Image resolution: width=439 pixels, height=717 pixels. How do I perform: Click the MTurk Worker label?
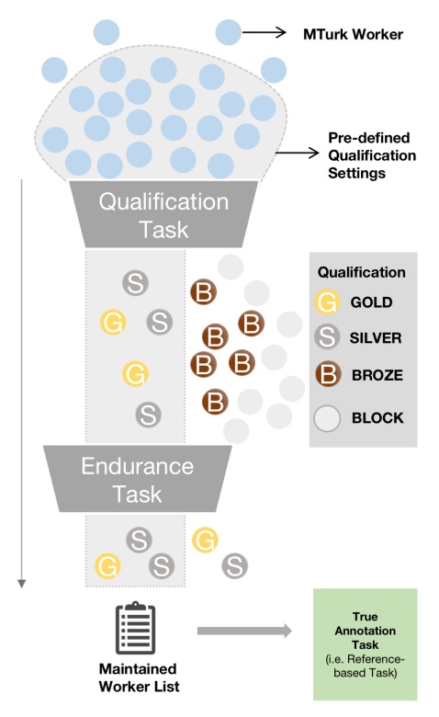pos(354,35)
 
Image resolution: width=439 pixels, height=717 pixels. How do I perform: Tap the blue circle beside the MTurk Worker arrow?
pos(230,32)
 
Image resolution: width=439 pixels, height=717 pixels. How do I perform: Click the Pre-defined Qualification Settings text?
pos(372,155)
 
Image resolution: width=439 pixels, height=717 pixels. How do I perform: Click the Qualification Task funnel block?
pos(163,214)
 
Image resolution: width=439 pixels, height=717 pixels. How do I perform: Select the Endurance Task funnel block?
pos(138,479)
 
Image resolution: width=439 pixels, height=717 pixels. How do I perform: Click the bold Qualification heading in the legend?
pos(362,273)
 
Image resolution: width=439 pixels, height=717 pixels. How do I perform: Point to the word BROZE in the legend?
pos(377,376)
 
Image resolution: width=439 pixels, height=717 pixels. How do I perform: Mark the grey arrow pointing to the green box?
pos(243,631)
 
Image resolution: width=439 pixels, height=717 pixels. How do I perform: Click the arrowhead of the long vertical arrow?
pos(23,581)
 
